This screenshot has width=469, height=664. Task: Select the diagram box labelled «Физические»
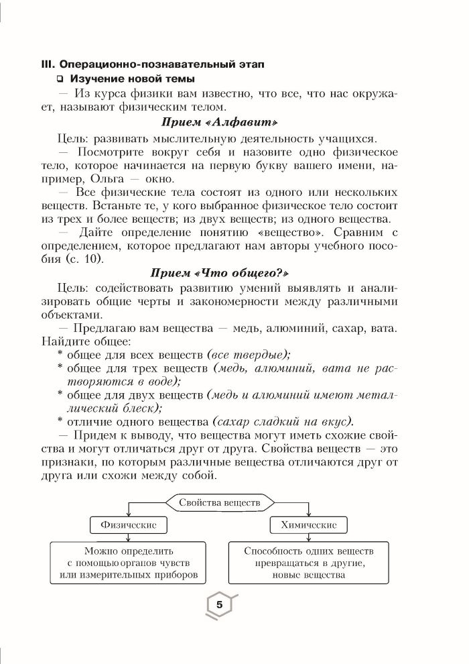click(x=128, y=524)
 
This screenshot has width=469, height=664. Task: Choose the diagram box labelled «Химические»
click(x=309, y=524)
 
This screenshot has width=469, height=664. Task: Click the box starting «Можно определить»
click(x=128, y=563)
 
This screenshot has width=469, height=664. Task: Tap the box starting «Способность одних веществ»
click(x=309, y=563)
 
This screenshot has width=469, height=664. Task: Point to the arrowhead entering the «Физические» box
click(x=128, y=514)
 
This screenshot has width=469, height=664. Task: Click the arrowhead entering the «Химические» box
click(x=309, y=514)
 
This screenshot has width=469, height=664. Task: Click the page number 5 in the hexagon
click(x=218, y=604)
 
